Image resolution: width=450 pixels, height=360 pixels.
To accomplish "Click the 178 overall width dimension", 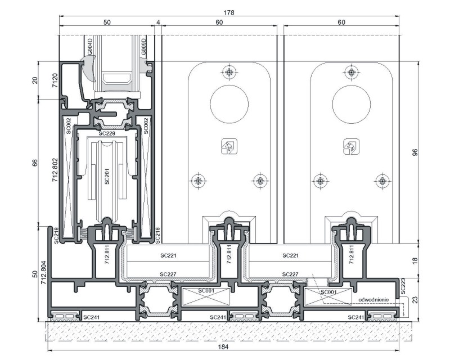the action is click(x=229, y=12).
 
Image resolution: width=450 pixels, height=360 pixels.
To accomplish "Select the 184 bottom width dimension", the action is click(x=223, y=347).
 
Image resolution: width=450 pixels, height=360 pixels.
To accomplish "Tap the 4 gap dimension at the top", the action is click(x=158, y=22).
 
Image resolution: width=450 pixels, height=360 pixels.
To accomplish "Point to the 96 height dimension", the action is click(x=415, y=152).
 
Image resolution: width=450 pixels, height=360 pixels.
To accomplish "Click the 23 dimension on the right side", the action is click(x=415, y=300).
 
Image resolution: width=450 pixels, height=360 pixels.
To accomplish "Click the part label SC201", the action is click(x=107, y=176).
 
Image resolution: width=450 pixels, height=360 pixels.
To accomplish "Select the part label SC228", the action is click(x=107, y=133).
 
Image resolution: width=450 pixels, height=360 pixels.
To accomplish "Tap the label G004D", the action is click(x=89, y=47).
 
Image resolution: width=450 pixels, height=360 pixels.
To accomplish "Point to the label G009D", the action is click(x=143, y=47).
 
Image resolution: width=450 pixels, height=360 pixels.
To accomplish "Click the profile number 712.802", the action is click(x=55, y=170).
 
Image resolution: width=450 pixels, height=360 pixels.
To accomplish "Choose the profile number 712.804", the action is click(x=44, y=273).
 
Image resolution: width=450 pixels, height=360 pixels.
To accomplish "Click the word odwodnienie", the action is click(x=373, y=300).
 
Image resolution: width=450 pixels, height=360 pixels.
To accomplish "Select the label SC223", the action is click(x=403, y=286).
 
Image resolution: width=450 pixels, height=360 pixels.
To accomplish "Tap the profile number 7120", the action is click(x=55, y=80).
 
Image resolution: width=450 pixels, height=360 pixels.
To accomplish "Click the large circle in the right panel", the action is click(x=352, y=104).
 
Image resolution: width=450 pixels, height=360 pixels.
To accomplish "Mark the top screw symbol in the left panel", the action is click(x=229, y=72).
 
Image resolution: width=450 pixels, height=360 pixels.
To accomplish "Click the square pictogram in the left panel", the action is click(x=229, y=146).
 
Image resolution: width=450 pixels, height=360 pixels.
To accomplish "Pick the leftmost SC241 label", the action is click(x=91, y=317).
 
